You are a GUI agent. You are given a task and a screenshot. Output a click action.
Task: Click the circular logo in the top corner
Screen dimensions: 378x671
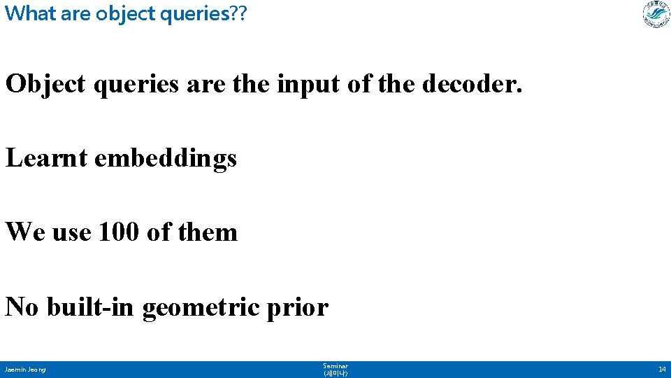tap(656, 15)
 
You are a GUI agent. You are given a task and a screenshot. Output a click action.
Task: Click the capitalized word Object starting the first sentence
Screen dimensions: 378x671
tap(45, 84)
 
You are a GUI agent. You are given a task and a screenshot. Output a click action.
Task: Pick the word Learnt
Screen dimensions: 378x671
tap(46, 158)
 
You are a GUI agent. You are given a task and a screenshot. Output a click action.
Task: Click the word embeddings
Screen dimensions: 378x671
tap(166, 159)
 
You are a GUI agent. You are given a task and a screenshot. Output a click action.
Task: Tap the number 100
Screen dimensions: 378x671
tap(119, 232)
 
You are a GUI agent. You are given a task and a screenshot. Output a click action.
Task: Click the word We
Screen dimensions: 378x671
tap(25, 232)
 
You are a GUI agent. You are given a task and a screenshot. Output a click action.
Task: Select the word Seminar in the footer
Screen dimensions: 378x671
tap(335, 366)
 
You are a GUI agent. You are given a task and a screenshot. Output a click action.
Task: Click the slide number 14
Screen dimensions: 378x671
tap(661, 370)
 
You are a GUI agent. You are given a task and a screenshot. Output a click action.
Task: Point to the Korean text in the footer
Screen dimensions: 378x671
tap(335, 374)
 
